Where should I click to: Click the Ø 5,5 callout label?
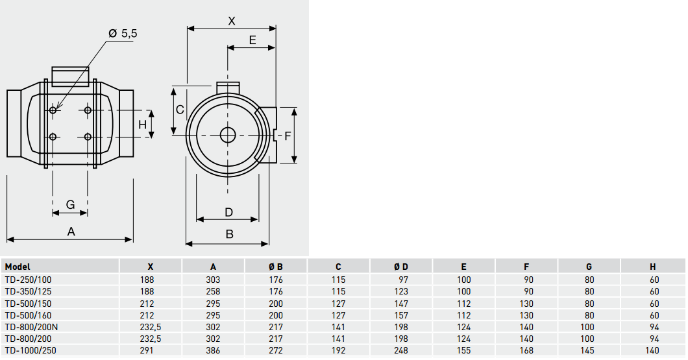123,33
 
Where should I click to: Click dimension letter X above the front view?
232,21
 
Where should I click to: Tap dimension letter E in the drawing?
252,40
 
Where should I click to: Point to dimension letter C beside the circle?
180,109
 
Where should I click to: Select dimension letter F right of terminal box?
288,136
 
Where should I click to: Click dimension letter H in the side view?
142,124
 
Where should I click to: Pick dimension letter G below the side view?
70,205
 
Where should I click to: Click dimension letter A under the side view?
71,232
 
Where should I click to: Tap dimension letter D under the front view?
228,212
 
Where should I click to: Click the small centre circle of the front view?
228,134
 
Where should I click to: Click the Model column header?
18,267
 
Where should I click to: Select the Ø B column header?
276,267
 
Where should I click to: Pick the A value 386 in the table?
213,350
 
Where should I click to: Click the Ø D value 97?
403,280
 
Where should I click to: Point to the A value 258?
213,291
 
